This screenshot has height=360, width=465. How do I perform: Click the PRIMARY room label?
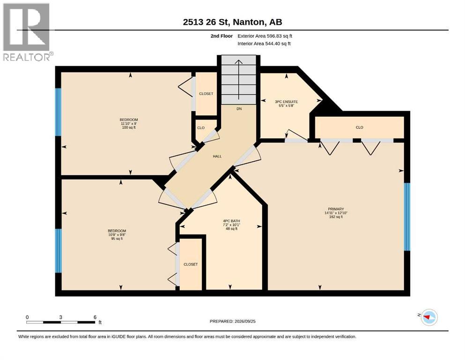tap(336, 209)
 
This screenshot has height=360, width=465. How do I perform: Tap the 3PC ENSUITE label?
tap(287, 102)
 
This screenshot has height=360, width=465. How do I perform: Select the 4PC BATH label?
tap(231, 221)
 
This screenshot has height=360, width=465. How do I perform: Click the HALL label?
tap(217, 156)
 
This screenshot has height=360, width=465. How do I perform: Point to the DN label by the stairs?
tap(239, 109)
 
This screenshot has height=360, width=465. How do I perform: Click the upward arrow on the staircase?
tap(239, 80)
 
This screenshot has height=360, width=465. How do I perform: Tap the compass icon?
tap(429, 317)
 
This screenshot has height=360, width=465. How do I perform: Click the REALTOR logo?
tap(28, 32)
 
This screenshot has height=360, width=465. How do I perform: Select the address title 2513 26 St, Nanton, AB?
tap(232, 22)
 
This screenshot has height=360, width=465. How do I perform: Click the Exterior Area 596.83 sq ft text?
tap(265, 36)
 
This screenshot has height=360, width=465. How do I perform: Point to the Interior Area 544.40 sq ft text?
tap(264, 44)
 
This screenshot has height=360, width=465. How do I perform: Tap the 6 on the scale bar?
tap(95, 317)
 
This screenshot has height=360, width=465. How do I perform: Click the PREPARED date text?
tap(232, 321)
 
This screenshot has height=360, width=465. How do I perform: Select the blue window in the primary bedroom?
tap(407, 217)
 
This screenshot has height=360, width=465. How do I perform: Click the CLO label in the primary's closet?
tap(360, 127)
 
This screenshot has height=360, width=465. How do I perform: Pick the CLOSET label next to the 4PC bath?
tap(191, 264)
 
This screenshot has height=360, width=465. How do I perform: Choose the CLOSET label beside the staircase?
tap(206, 93)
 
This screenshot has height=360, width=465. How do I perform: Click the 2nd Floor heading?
tap(221, 36)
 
